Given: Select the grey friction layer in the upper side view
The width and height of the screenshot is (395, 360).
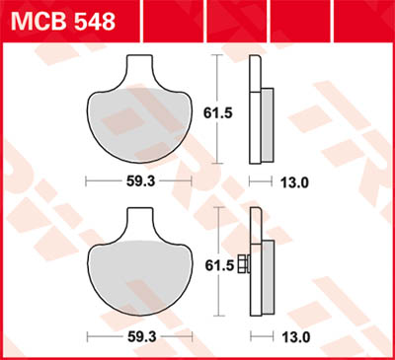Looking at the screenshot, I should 267,123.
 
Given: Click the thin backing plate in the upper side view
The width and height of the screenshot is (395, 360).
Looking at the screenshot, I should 255,108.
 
